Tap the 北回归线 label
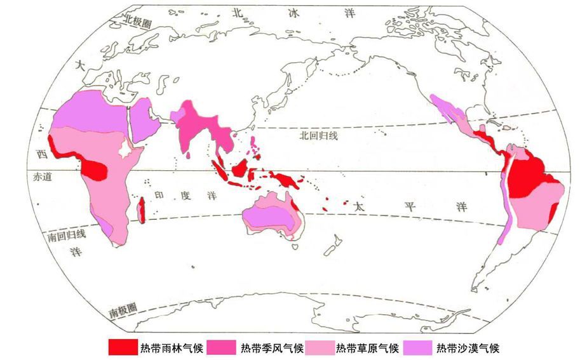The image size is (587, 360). pyautogui.click(x=320, y=136)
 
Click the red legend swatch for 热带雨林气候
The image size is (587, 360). pyautogui.click(x=122, y=347)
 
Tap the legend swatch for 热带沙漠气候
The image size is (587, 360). pyautogui.click(x=417, y=347)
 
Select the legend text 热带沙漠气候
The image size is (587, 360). pyautogui.click(x=468, y=348)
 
